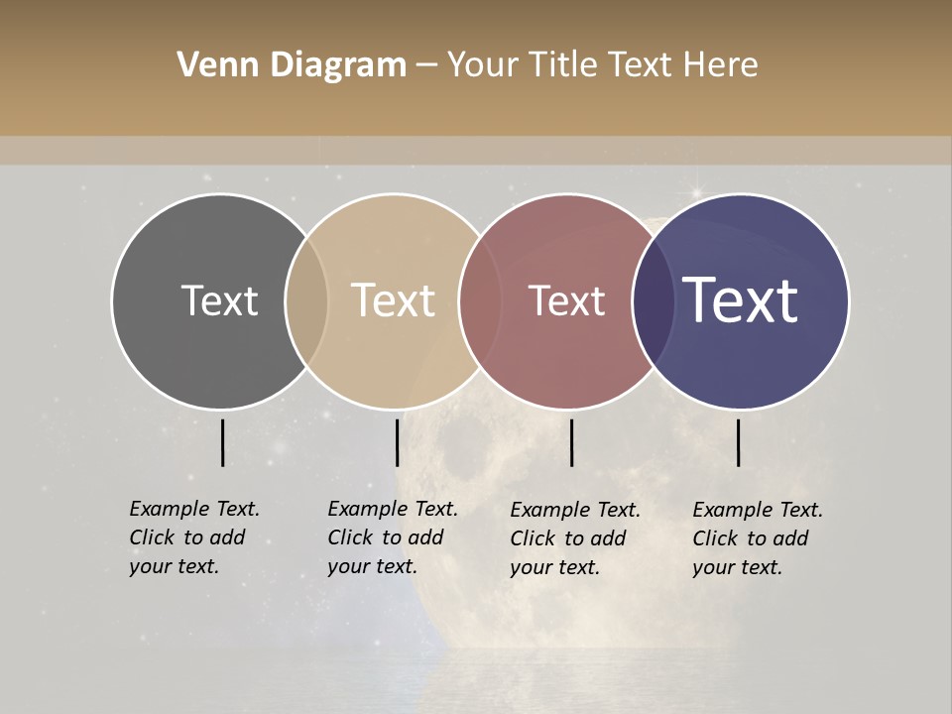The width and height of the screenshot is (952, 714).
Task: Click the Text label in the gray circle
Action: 219,300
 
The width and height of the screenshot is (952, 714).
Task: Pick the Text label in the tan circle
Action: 394,300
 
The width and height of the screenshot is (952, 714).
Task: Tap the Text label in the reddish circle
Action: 567,300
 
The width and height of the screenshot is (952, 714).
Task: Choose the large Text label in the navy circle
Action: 741,300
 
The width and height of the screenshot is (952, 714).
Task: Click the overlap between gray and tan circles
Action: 306,300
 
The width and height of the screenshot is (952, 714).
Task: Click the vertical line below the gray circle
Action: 222,442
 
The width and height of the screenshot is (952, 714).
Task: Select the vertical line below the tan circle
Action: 397,442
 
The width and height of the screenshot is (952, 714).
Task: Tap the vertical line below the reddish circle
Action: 571,442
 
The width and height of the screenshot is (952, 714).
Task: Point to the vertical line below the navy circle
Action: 738,442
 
